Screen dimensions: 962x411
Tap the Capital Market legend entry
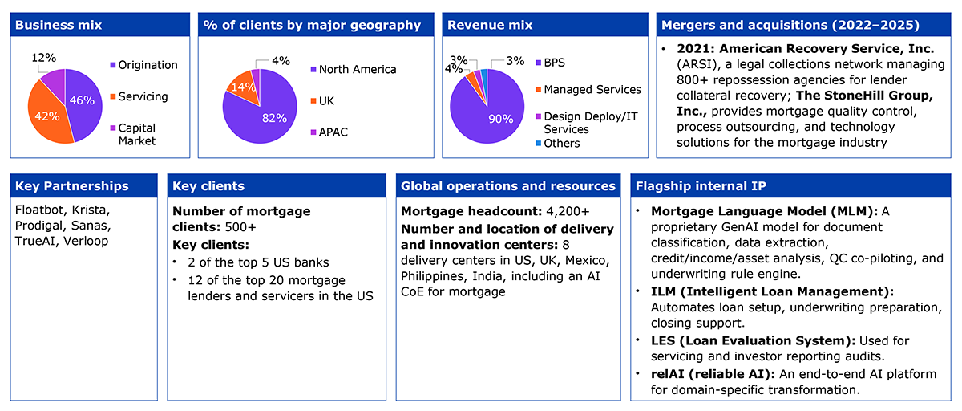[133, 135]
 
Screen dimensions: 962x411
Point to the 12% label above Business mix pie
[44, 58]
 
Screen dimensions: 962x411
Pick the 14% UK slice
[244, 88]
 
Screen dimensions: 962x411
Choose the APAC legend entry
[329, 132]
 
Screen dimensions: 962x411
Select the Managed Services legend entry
[588, 89]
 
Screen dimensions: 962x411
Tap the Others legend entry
[557, 143]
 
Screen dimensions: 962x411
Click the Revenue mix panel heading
[490, 25]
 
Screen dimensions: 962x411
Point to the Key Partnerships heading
[71, 185]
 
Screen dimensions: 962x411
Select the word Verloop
[86, 241]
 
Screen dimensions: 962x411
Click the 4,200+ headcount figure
[568, 211]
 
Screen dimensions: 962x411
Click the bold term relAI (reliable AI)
[713, 374]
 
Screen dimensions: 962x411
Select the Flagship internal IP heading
[701, 185]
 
